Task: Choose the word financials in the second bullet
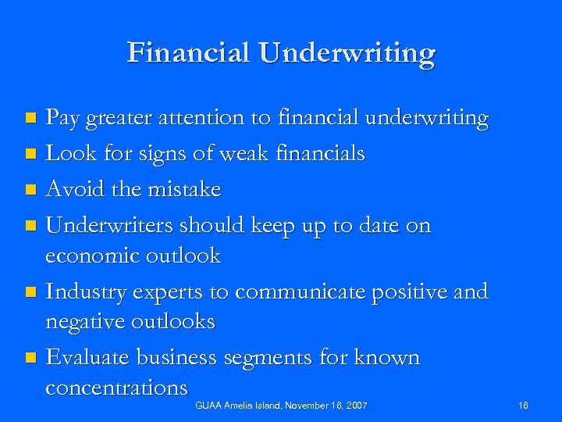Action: point(320,154)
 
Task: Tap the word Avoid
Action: point(73,189)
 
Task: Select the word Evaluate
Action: point(88,358)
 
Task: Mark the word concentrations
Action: point(117,388)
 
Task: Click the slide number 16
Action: point(524,405)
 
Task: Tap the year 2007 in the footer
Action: point(355,405)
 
